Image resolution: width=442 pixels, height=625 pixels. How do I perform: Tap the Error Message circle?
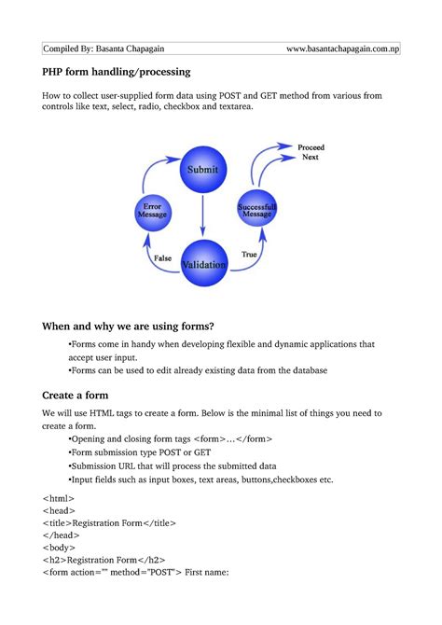click(152, 212)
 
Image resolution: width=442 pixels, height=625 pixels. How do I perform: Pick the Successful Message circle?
click(256, 211)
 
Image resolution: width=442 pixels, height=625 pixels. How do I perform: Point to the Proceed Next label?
click(311, 152)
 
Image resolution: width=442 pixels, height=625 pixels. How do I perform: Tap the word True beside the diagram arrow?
click(249, 254)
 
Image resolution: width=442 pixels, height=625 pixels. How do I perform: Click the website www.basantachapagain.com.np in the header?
click(342, 49)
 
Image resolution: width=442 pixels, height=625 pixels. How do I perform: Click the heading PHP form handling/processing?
click(116, 71)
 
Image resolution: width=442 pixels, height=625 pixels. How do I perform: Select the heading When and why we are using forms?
click(128, 326)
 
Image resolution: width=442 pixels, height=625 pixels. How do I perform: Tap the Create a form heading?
click(81, 395)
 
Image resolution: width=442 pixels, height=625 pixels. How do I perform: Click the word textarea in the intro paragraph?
click(229, 107)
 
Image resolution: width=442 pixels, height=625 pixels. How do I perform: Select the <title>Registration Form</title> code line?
click(109, 523)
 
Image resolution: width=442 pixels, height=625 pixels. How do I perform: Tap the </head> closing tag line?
click(61, 535)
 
